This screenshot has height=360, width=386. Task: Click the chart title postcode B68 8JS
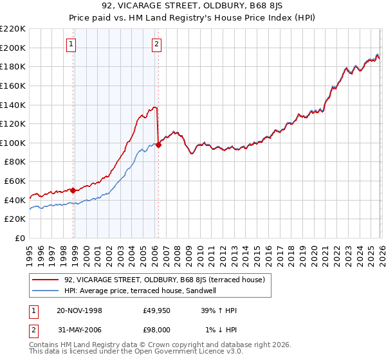[246, 7]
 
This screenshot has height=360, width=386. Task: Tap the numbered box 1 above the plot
[71, 44]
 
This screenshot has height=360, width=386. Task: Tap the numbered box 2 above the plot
[156, 44]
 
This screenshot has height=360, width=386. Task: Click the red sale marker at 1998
[73, 190]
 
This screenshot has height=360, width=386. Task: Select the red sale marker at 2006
[159, 145]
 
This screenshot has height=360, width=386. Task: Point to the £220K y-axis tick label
[13, 29]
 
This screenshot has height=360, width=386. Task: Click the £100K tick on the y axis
[13, 143]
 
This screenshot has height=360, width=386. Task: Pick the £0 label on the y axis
[19, 238]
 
